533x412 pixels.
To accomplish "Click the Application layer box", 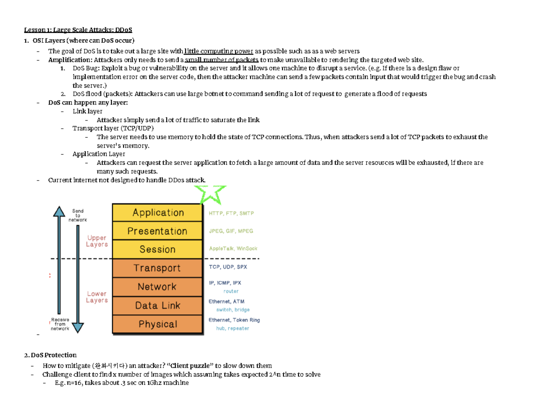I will pos(158,212).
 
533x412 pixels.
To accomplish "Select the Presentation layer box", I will pos(158,231).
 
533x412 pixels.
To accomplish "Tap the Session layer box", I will pos(158,249).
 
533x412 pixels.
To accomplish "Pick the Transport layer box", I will pos(158,268).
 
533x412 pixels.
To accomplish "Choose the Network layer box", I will pos(158,287).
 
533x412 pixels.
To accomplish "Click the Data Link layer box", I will pos(158,305).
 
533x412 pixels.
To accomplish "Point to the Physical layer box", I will pos(158,324).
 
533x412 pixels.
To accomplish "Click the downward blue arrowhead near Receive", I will pos(78,328).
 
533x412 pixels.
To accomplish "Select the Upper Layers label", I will pos(97,241).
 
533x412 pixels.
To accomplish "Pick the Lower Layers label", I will pos(97,297).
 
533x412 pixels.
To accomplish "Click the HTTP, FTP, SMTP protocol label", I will pos(231,213).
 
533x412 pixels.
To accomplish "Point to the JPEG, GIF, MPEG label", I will pos(231,231).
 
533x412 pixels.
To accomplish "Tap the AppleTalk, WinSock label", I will pos(233,249).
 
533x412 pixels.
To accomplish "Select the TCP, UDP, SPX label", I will pos(228,267).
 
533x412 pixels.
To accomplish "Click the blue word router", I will pos(231,291).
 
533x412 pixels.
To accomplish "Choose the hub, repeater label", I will pos(233,328).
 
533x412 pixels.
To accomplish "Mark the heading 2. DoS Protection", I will pos(51,355).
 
